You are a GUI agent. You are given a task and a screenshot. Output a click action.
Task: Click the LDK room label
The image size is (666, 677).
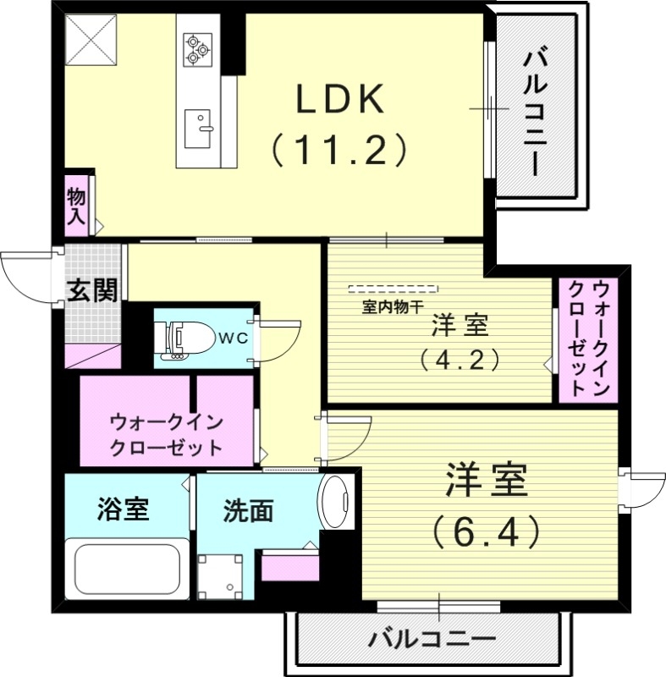[x=339, y=100]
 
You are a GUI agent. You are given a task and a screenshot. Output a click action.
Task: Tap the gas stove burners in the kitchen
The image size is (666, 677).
[x=198, y=47]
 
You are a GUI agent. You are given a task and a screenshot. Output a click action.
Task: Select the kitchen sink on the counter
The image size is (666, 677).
[x=201, y=128]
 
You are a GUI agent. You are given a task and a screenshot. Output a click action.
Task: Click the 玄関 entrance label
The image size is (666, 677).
[x=92, y=292]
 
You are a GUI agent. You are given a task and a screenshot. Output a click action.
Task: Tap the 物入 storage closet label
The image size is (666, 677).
[x=76, y=206]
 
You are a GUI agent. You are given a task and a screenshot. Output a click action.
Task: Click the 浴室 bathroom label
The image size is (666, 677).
[x=124, y=509]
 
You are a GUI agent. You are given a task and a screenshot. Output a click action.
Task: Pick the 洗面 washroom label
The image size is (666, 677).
[x=249, y=510]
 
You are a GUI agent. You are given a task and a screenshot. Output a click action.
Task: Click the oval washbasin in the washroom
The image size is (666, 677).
[x=338, y=503]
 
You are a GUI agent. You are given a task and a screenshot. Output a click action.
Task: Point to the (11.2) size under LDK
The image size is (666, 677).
[x=339, y=150]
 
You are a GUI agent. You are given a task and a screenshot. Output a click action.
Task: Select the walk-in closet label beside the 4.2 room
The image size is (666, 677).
[x=589, y=338]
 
